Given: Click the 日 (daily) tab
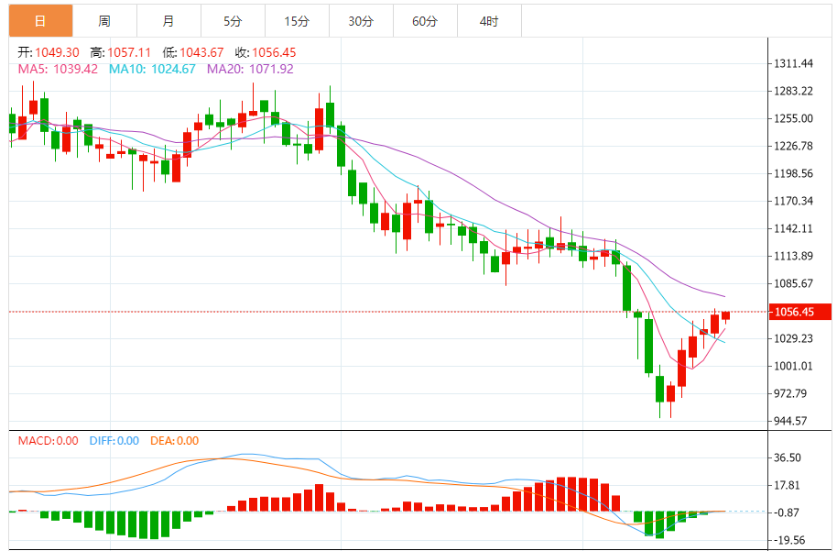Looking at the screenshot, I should tap(40, 21).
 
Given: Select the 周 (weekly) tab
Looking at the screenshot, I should tap(104, 21).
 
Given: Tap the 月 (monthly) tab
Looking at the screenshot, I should tap(168, 21).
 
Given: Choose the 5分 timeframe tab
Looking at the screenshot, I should tap(233, 21).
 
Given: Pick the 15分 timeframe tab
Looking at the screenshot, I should tap(297, 21).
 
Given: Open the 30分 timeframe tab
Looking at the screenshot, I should tap(361, 21).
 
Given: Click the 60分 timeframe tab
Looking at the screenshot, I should tap(425, 21).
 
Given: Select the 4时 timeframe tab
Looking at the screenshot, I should tap(489, 21).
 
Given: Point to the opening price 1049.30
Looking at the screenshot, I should tap(57, 52).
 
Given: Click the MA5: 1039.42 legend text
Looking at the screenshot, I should tap(57, 69).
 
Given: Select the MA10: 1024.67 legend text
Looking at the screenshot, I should tap(152, 69).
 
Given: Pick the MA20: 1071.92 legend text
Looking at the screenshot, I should tap(250, 69).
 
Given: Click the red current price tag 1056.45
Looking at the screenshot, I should tap(795, 312).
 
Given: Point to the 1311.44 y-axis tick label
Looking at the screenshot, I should tap(793, 63).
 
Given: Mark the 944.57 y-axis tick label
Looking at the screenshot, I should tap(790, 421).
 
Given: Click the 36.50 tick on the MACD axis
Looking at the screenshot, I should tap(788, 457).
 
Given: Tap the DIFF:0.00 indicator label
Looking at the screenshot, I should tap(114, 441).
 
